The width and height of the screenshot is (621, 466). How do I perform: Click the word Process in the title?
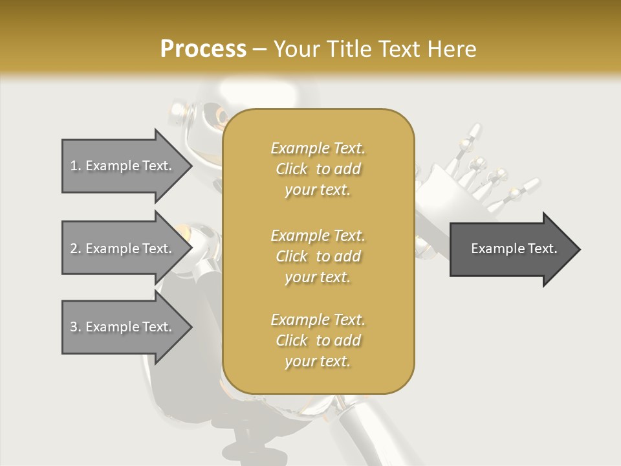tap(203, 49)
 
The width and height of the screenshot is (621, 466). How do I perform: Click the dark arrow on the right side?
tap(511, 249)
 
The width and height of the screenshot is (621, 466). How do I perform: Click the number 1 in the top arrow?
tap(74, 166)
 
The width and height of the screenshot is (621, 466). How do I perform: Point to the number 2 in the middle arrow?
tap(74, 249)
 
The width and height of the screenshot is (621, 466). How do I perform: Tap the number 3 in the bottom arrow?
tap(74, 327)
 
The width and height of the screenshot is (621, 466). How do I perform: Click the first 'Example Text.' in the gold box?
tap(318, 148)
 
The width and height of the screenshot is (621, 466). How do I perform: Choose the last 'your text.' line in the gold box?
tap(318, 361)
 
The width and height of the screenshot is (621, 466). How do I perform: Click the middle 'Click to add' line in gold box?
tap(318, 256)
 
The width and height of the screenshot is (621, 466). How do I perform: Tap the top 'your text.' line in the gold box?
tap(318, 190)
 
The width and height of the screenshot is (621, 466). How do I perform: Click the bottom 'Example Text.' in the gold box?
tap(318, 320)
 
